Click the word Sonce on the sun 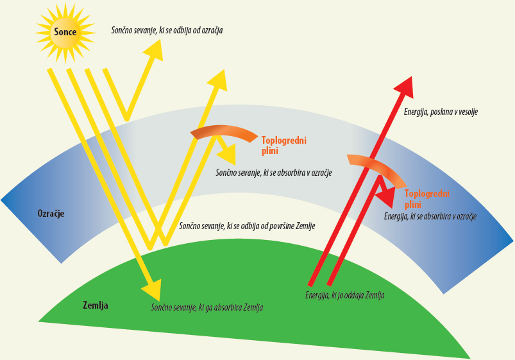click(65, 32)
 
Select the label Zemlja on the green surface click(96, 305)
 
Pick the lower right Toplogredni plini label click(426, 199)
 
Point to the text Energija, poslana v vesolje click(441, 112)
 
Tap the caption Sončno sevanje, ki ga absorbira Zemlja click(207, 308)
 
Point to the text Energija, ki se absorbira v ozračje click(430, 218)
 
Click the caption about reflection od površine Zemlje click(247, 226)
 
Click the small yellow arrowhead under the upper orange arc click(228, 154)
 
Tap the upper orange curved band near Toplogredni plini click(223, 132)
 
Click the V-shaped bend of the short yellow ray click(127, 117)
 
